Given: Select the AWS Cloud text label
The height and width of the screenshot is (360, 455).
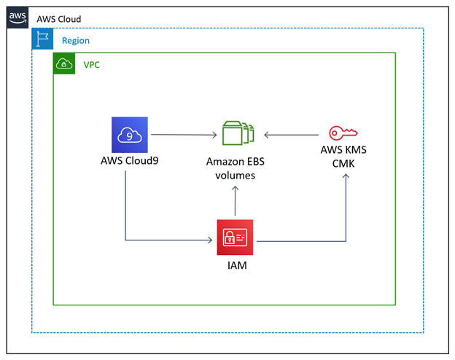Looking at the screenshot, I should pyautogui.click(x=59, y=18).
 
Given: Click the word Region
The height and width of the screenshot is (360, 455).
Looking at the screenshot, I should pyautogui.click(x=76, y=41).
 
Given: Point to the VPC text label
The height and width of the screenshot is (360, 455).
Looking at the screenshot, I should pyautogui.click(x=92, y=65).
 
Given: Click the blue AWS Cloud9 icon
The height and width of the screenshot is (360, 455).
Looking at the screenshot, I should pyautogui.click(x=130, y=135).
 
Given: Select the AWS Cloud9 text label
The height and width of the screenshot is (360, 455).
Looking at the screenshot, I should pyautogui.click(x=130, y=160).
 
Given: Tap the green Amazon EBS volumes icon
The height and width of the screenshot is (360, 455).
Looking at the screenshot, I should pyautogui.click(x=238, y=134).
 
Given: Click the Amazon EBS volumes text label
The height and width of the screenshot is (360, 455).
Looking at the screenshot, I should pyautogui.click(x=235, y=168).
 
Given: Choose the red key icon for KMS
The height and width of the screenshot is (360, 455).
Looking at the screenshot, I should pyautogui.click(x=343, y=133).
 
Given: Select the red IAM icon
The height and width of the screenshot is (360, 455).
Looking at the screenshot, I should pyautogui.click(x=236, y=236).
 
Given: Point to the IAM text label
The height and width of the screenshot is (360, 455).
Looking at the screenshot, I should pyautogui.click(x=236, y=267).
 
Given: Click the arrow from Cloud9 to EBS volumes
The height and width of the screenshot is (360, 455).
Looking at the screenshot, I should pyautogui.click(x=182, y=135).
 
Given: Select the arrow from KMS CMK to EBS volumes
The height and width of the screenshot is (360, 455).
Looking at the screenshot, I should pyautogui.click(x=292, y=135).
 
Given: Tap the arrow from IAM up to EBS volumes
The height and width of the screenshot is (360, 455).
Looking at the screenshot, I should pyautogui.click(x=236, y=200).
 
